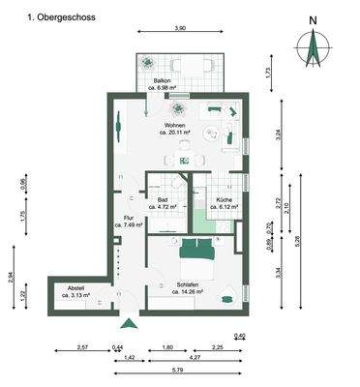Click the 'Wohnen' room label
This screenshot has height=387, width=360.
[x=175, y=127]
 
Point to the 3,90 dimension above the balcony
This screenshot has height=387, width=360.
[x=180, y=29]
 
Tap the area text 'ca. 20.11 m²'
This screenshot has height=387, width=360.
[x=175, y=134]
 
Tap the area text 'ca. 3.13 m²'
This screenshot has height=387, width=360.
[x=75, y=295]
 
